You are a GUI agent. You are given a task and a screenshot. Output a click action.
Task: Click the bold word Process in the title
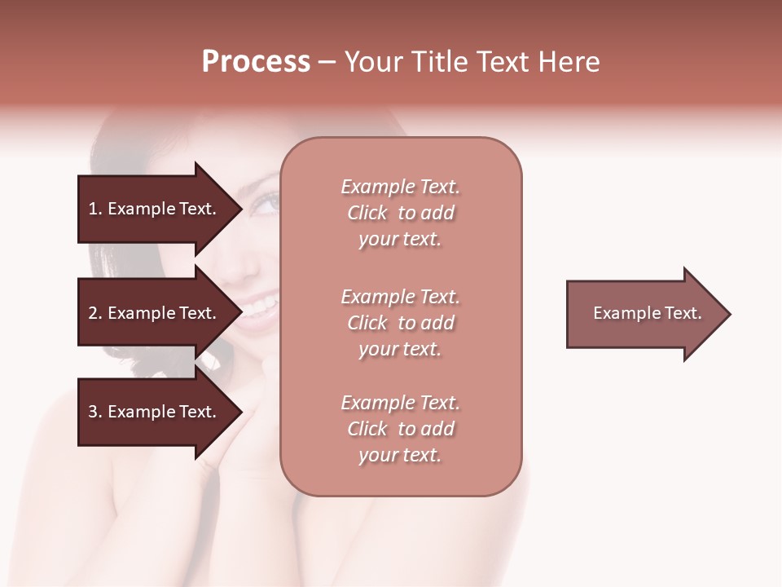coord(256,62)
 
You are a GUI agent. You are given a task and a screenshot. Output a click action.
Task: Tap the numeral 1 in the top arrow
coord(93,209)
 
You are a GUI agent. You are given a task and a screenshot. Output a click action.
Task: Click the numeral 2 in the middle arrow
coord(93,313)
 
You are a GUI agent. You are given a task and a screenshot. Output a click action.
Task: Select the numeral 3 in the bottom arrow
coord(93,412)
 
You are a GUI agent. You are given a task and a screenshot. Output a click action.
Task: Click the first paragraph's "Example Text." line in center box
coord(400,187)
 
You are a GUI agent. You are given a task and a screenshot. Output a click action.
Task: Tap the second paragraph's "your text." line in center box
coord(400,349)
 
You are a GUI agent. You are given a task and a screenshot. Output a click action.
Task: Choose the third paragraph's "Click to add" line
coord(400,429)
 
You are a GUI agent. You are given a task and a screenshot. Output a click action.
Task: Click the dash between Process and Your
coord(327,63)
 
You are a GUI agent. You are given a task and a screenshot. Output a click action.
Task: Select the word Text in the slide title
coord(503,62)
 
